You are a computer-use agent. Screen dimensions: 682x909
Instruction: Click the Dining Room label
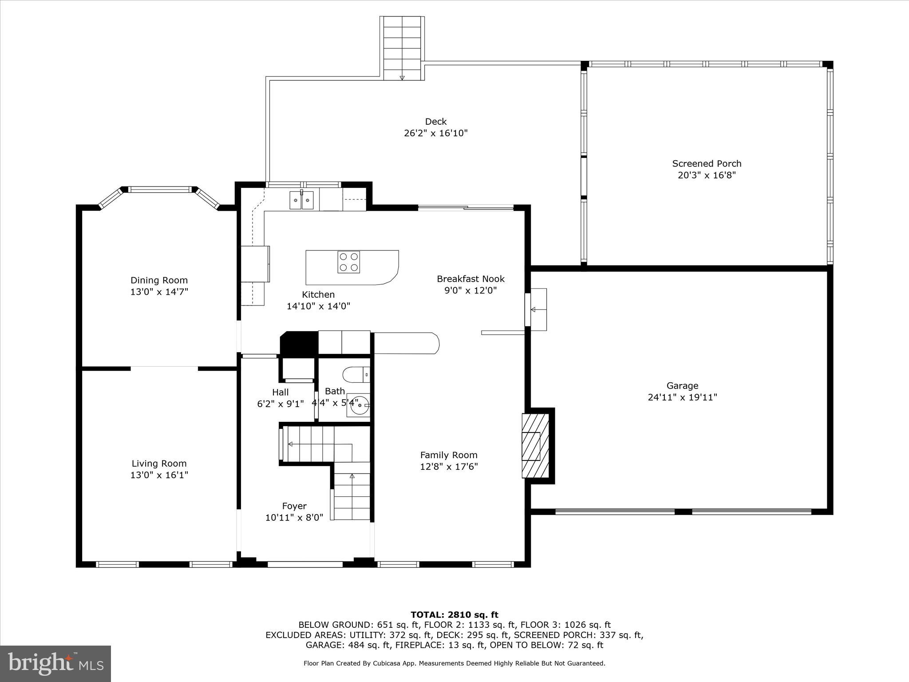point(159,280)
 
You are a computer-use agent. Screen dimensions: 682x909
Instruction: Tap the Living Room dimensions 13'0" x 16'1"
point(159,475)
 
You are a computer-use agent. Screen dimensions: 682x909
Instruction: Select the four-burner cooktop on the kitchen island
point(348,262)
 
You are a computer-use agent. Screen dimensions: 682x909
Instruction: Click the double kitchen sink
point(302,200)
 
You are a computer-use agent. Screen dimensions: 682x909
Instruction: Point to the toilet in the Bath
point(356,375)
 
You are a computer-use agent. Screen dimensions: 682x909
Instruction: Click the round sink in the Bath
point(359,404)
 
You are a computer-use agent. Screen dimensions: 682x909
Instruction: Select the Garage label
point(682,386)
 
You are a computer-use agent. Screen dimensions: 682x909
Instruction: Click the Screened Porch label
point(707,163)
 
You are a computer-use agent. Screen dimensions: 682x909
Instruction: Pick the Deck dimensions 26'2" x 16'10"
point(436,133)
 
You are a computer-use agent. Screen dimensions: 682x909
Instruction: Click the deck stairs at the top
point(402,48)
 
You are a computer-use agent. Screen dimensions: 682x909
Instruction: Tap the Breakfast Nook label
point(470,279)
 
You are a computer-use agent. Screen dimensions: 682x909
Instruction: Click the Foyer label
point(294,506)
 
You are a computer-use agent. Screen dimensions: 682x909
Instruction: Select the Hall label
point(280,392)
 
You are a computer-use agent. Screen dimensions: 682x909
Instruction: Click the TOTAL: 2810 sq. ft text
point(454,615)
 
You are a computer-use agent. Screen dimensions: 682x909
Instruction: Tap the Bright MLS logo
point(55,663)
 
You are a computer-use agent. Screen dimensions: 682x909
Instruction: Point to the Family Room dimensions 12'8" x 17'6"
point(449,467)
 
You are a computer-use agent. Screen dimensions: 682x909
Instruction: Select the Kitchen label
point(318,294)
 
